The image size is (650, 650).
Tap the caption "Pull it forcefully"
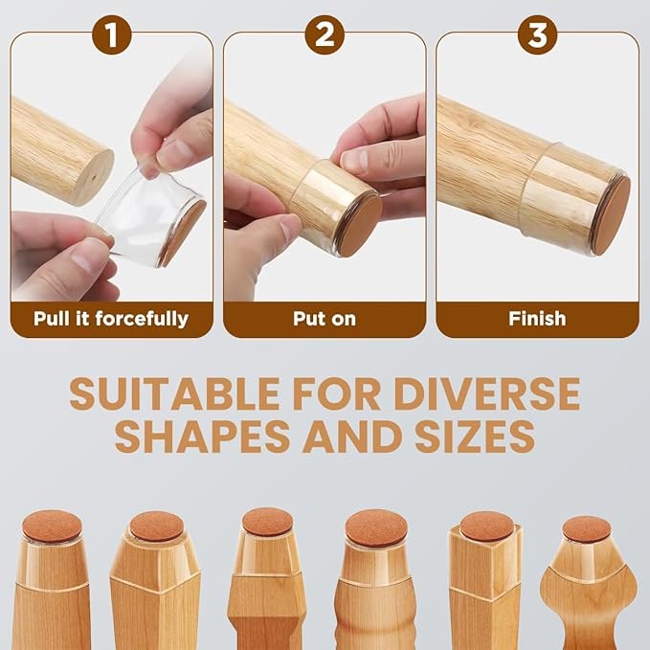click(111, 318)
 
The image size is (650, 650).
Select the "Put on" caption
click(325, 318)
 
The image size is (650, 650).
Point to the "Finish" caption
click(537, 318)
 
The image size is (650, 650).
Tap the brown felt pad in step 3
click(611, 214)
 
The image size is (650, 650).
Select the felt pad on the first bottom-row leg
click(52, 526)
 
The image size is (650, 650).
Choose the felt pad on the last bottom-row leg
click(587, 528)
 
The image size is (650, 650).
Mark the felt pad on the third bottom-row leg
click(267, 521)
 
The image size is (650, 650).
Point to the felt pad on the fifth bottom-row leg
click(486, 526)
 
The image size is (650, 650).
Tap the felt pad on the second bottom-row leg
click(156, 526)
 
